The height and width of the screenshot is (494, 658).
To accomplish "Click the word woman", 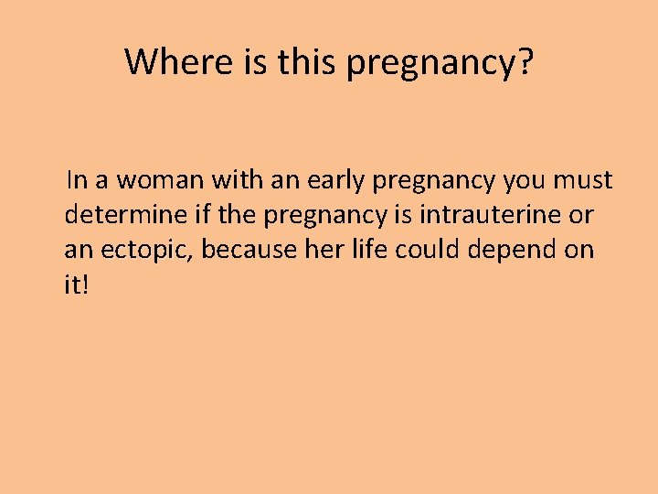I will click(x=151, y=181).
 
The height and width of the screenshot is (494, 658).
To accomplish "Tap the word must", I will click(x=582, y=181).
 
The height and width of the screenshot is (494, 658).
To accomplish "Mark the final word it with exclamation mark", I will click(x=77, y=285).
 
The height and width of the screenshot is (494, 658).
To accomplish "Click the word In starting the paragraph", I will click(x=77, y=181).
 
